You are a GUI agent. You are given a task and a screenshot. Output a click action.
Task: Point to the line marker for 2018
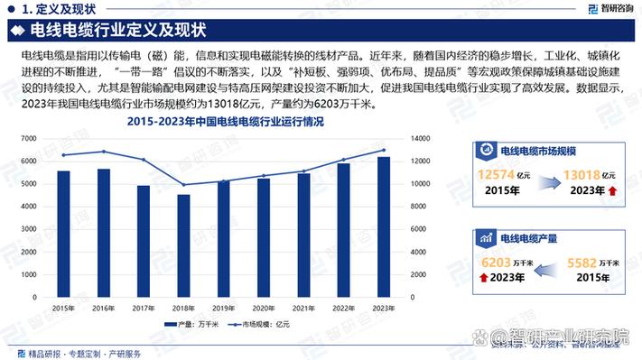point(183,185)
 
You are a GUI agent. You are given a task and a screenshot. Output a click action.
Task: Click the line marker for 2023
point(384,151)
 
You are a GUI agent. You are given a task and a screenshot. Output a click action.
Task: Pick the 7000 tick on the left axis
point(29,139)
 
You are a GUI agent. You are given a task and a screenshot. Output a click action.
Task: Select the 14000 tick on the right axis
point(421,139)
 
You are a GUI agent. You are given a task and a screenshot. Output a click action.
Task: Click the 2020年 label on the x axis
point(264,308)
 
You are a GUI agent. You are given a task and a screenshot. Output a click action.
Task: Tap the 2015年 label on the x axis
point(63,308)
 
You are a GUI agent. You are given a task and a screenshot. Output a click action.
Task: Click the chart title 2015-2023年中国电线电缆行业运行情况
point(226,121)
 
